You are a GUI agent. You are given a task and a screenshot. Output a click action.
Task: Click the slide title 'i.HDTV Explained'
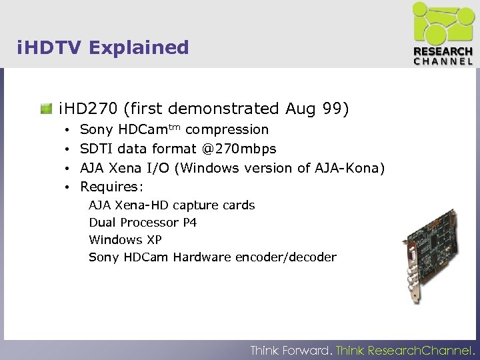[x=103, y=48]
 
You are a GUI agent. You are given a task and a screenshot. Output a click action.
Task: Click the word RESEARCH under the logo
[x=443, y=51]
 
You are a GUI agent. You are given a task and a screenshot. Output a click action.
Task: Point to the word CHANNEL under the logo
[x=443, y=61]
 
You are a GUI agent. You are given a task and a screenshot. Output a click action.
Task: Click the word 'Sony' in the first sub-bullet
[x=96, y=129]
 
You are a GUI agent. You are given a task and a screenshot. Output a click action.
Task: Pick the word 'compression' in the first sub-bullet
[x=227, y=129]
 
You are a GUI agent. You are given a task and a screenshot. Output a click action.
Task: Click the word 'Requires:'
[x=111, y=187]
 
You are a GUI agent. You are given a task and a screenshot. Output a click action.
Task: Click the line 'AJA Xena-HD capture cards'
[x=171, y=205]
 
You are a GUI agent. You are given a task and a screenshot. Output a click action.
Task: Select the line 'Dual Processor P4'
[x=143, y=223]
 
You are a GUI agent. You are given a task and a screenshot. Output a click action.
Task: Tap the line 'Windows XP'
[x=125, y=240]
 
